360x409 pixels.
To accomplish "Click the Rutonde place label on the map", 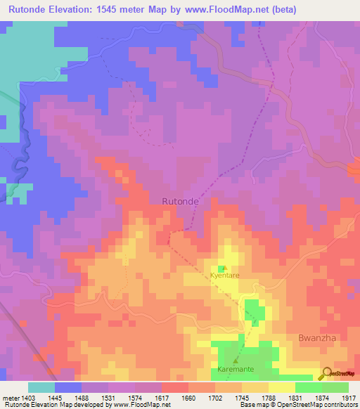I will [x=181, y=201].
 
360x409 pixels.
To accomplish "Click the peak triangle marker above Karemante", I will [x=236, y=361].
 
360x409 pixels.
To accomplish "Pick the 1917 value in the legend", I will [x=348, y=398].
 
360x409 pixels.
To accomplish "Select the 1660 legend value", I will [x=188, y=398].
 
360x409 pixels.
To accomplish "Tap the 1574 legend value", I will [x=134, y=398].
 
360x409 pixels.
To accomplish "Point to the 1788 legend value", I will [x=268, y=398].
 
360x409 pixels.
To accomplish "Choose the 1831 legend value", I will [x=295, y=398].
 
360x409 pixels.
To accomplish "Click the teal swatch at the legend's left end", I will [x=41, y=387].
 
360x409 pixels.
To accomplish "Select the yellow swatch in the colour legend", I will [x=281, y=387].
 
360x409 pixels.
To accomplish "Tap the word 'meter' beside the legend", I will [x=11, y=398].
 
